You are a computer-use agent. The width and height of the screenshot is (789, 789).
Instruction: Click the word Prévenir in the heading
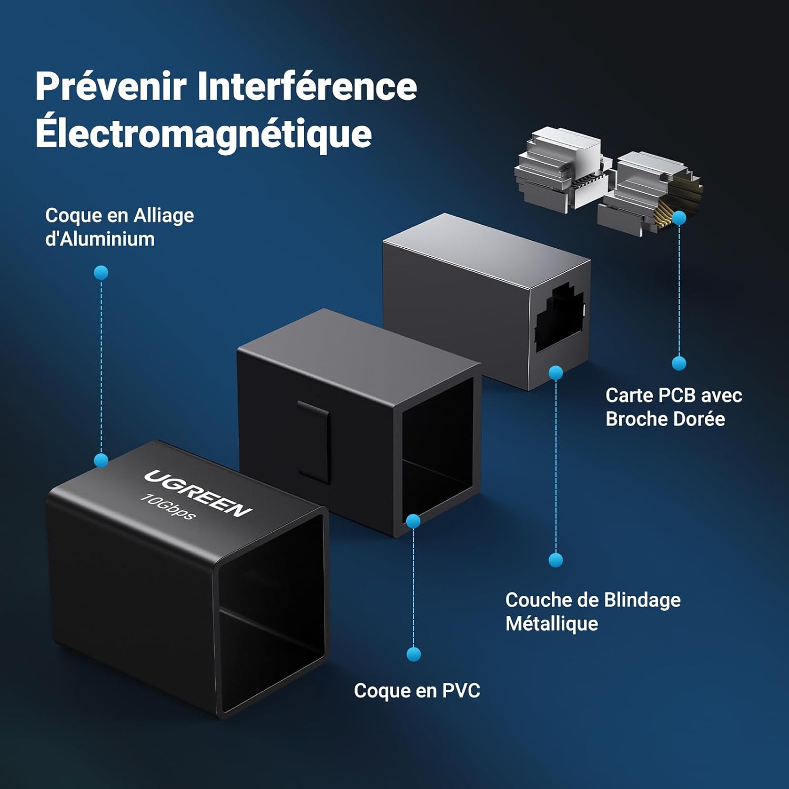tap(111, 86)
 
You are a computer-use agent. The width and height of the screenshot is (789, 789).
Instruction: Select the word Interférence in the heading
tap(307, 86)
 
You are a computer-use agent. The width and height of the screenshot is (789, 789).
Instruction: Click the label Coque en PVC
tap(417, 691)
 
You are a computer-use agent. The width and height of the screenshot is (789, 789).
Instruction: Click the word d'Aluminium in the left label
tap(100, 239)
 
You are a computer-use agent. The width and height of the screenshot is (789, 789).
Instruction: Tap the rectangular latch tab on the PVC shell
tap(314, 442)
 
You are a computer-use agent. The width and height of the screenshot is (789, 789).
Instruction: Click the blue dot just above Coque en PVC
tap(414, 654)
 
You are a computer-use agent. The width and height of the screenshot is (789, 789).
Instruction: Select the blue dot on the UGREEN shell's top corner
tap(101, 461)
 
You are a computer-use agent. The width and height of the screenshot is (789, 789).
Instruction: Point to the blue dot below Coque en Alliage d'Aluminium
tap(101, 272)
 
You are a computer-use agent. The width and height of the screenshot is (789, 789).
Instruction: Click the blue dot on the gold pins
tap(679, 217)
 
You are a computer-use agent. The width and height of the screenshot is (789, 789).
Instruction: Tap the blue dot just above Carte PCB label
tap(679, 363)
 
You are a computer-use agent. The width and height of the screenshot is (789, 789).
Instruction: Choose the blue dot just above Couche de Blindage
tap(556, 560)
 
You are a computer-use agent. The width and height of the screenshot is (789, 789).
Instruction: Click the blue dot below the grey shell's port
tap(556, 373)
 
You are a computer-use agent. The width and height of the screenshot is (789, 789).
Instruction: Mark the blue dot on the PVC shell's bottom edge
tap(414, 521)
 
